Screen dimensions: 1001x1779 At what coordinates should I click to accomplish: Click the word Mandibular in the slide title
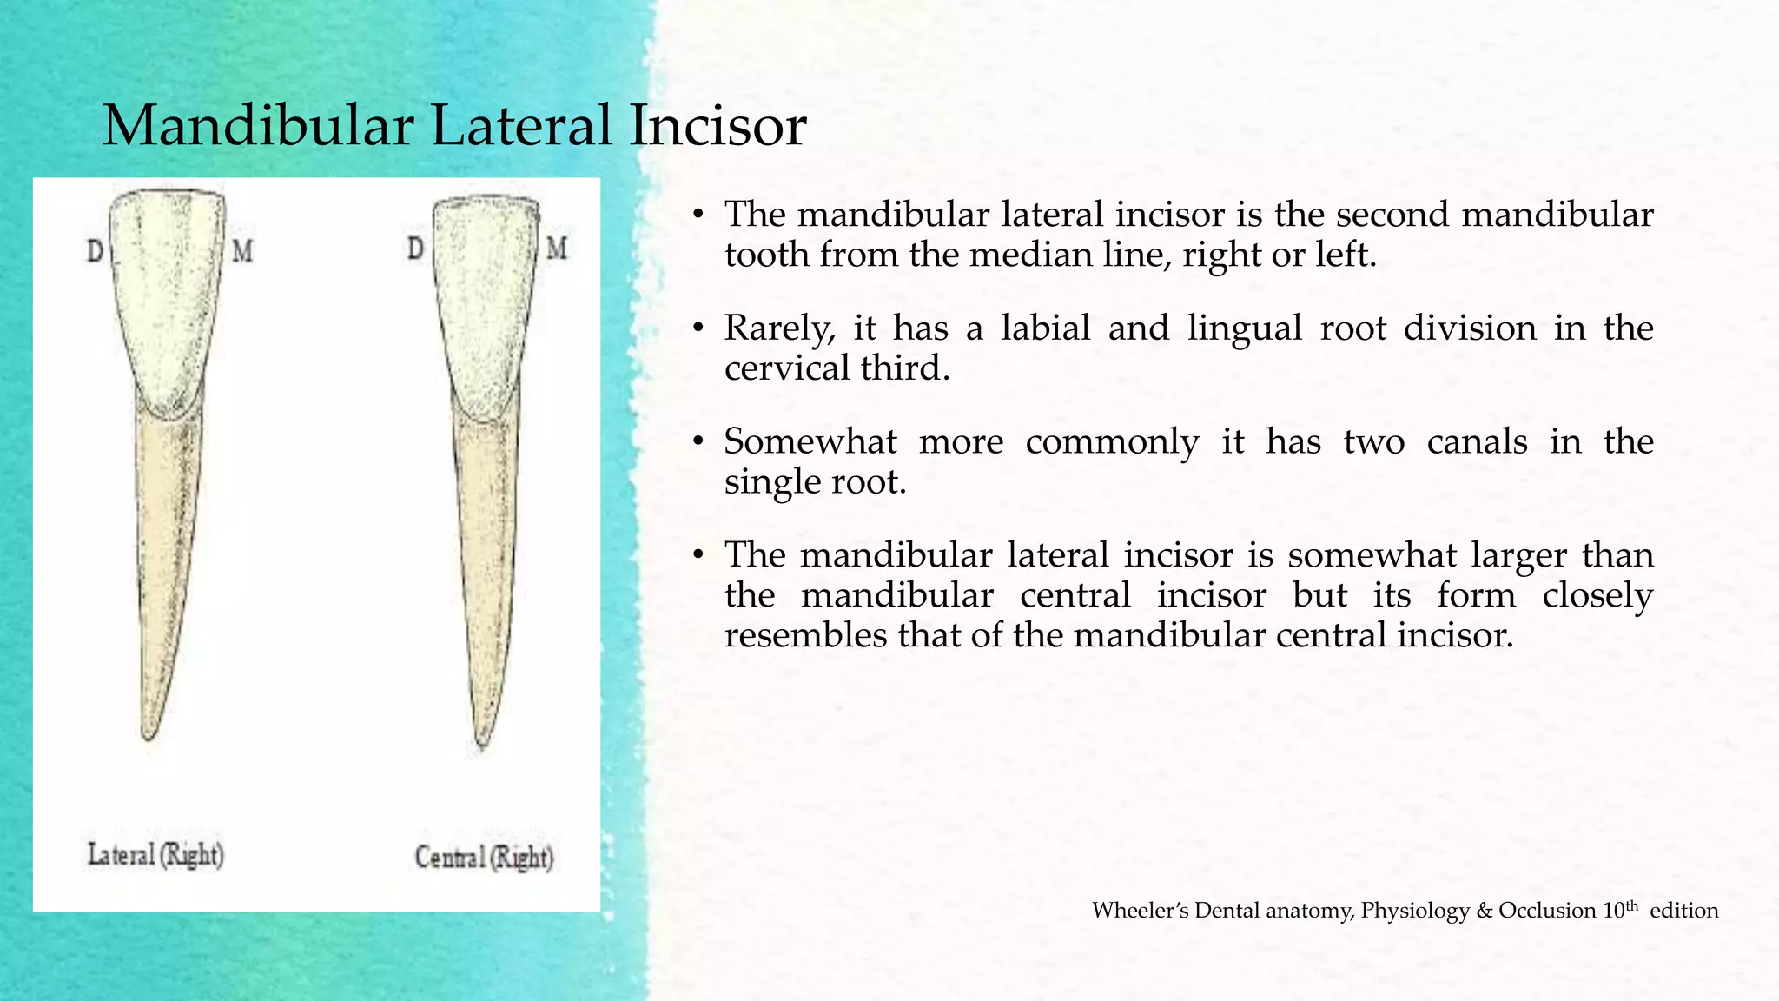(258, 126)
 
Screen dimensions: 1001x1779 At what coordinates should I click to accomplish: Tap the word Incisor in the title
(718, 126)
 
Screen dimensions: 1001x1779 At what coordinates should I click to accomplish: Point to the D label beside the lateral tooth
(95, 252)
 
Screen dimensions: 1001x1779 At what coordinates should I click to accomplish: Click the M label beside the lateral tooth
(242, 252)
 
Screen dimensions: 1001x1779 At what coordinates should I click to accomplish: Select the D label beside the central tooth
(416, 249)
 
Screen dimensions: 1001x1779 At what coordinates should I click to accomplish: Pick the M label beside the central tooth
(557, 249)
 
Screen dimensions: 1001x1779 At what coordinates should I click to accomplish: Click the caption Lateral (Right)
(155, 855)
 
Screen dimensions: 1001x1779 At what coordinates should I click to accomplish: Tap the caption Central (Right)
(484, 858)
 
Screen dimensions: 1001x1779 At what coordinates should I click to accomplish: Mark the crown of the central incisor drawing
(483, 304)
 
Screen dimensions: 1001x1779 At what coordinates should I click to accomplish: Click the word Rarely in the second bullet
(779, 328)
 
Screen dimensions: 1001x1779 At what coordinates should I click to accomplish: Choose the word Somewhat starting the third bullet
(810, 442)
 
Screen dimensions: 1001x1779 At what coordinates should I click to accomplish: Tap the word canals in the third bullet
(1477, 442)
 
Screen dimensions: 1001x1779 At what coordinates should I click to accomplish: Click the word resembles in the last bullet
(805, 636)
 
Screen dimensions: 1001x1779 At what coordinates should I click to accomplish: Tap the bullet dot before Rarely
(698, 328)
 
